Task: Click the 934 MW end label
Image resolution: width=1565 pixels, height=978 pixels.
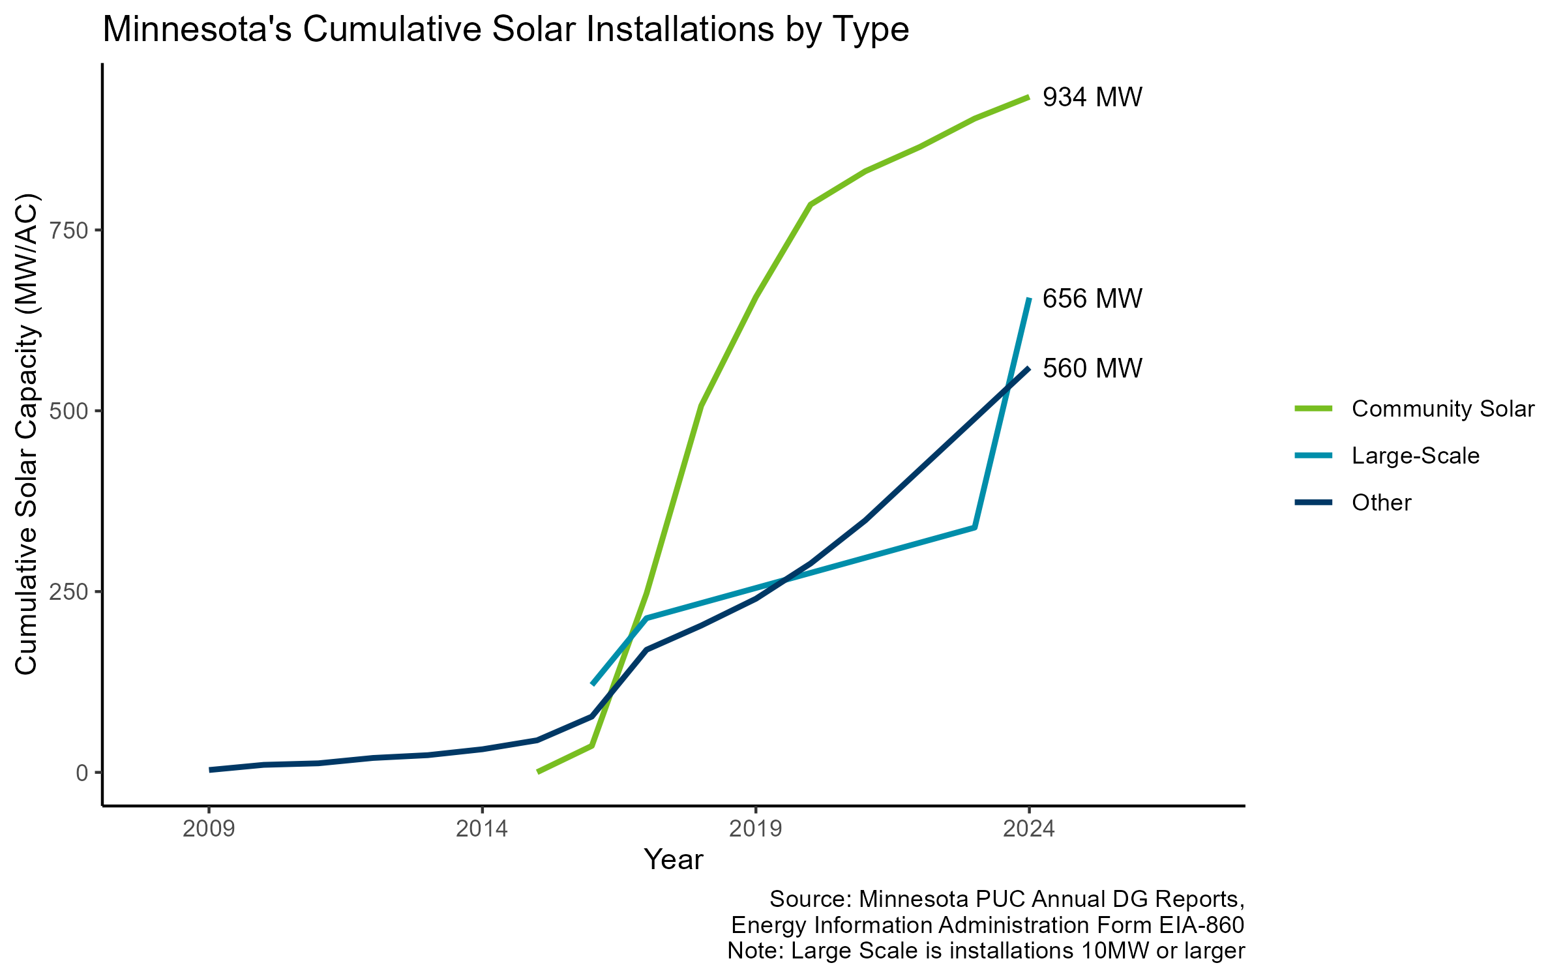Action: [x=1092, y=98]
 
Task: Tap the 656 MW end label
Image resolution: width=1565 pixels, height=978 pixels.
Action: [x=1092, y=299]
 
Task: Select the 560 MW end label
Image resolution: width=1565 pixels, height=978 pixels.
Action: [x=1092, y=369]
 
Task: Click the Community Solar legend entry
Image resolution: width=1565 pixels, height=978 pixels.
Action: [x=1442, y=409]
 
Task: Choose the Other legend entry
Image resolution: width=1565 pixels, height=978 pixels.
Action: [x=1381, y=503]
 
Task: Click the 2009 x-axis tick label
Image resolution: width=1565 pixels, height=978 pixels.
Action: [x=209, y=829]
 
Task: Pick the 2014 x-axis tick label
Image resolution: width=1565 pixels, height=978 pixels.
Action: [x=482, y=829]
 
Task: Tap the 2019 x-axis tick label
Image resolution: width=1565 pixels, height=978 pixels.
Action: [x=755, y=829]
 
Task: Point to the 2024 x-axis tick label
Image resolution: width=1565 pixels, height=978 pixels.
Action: [x=1029, y=829]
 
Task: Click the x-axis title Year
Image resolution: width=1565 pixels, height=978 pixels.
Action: [x=674, y=860]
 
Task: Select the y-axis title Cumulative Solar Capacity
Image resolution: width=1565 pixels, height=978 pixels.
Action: [x=27, y=434]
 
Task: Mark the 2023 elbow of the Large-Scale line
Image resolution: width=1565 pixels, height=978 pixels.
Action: [x=974, y=527]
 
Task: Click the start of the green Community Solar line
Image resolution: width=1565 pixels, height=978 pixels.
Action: [x=538, y=772]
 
